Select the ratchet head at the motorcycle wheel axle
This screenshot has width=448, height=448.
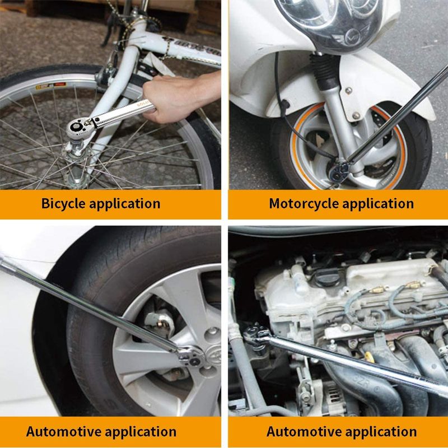339,172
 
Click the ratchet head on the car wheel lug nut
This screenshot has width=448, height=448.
191,357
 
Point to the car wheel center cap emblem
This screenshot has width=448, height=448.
215,355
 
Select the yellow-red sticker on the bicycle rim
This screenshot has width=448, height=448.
51,86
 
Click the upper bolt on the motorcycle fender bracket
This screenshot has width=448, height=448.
348,91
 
